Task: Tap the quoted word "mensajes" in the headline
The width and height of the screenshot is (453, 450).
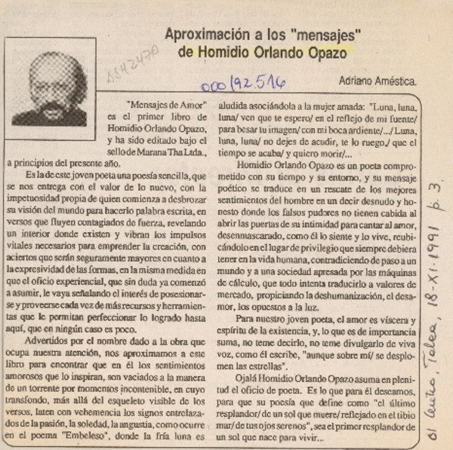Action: point(324,35)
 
